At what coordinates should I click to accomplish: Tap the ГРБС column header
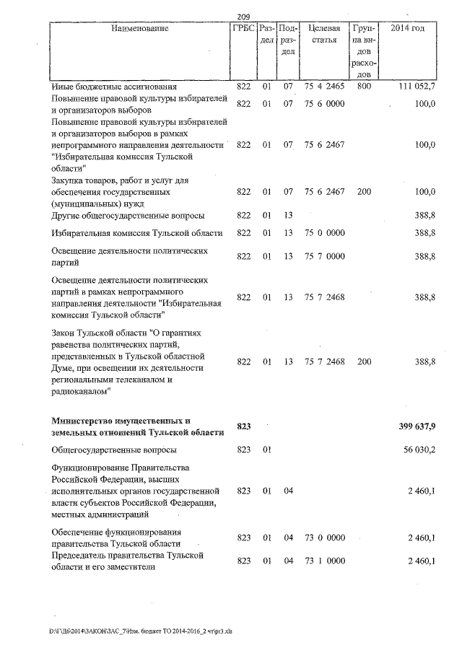coord(243,28)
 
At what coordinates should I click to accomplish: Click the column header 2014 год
coord(407,28)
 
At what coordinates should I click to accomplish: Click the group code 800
coord(364,87)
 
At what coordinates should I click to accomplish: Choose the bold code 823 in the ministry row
coord(243,427)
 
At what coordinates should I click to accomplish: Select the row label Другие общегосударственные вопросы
coord(128,216)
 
